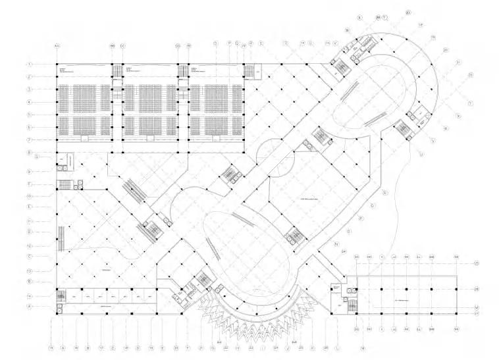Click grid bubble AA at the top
(57, 45)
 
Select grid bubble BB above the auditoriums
(113, 45)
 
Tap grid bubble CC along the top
(122, 45)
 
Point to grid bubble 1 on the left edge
(30, 64)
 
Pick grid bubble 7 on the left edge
(30, 140)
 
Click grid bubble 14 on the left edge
(30, 296)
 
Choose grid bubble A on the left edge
(30, 307)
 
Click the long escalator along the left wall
(63, 238)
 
